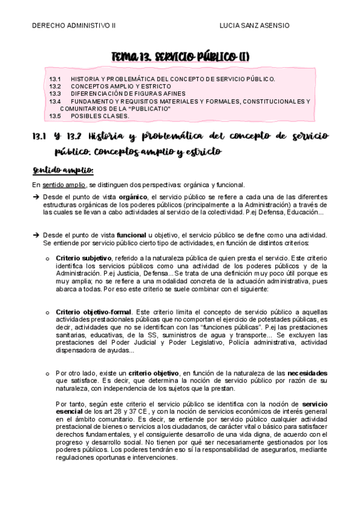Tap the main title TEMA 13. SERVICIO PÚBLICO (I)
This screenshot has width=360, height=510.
coord(180,57)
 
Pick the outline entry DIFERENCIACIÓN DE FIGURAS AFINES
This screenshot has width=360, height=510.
coord(128,94)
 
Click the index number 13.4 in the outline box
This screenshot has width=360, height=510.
coord(55,101)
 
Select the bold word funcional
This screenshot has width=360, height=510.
coord(135,234)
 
